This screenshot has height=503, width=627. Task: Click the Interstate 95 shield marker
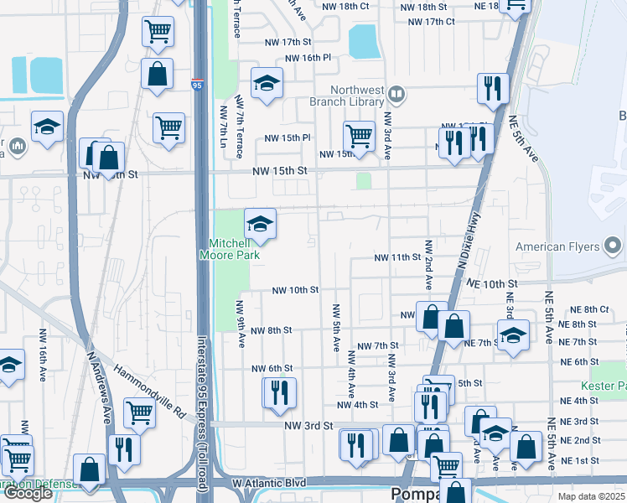[x=197, y=85]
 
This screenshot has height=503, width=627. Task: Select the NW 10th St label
[x=295, y=290]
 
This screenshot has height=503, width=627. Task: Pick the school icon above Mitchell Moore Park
[x=260, y=224]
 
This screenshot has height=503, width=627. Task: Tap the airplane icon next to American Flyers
[x=614, y=246]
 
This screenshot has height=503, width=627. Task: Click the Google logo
[x=28, y=493]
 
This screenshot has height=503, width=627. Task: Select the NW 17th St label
[x=285, y=42]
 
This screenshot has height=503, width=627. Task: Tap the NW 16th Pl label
[x=308, y=58]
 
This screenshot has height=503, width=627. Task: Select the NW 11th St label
[x=396, y=257]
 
